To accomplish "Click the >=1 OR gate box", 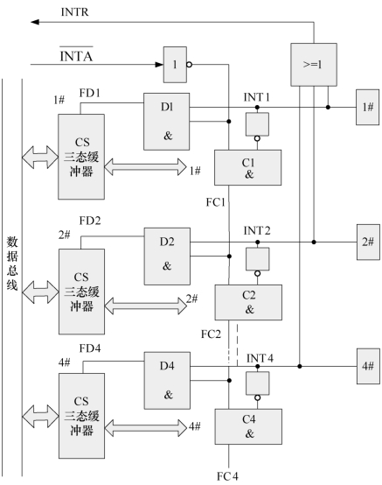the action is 314,65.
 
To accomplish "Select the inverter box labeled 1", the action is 175,65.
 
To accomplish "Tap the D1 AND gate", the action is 167,122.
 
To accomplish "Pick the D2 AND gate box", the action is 167,257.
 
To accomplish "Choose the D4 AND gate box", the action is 167,381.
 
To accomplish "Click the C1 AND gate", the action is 248,167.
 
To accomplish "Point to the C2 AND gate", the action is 248,302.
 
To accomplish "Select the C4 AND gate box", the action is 248,427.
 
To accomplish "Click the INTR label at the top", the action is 74,12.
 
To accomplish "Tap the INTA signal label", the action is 76,55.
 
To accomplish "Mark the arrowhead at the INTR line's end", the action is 34,22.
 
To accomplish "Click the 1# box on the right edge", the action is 367,108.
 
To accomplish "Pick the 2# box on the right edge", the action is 368,242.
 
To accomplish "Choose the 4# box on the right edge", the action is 368,367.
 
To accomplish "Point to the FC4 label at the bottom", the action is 227,476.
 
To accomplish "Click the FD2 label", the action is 90,221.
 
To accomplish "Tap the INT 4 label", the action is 260,358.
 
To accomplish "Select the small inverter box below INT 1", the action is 257,124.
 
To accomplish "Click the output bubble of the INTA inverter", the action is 190,65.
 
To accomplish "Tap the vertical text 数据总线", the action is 12,263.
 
